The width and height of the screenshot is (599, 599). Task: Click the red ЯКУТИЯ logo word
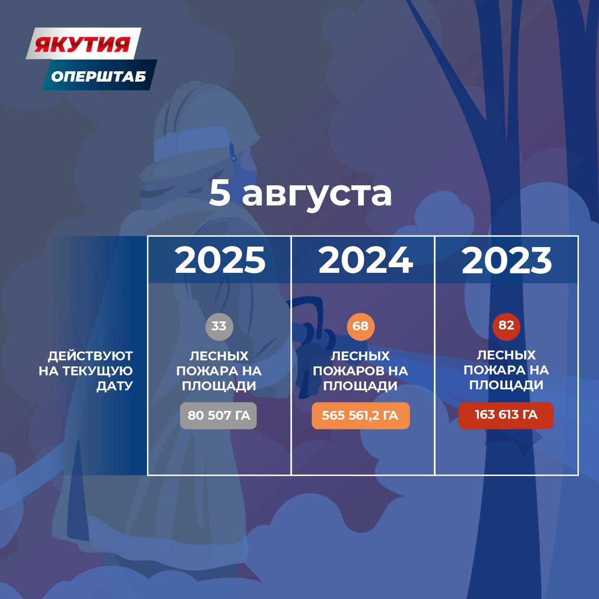click(x=82, y=44)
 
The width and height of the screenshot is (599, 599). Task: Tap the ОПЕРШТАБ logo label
click(x=99, y=76)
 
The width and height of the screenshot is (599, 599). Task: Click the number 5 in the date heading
click(x=219, y=193)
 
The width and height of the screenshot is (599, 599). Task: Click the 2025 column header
click(x=220, y=260)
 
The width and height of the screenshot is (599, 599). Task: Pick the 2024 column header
click(x=365, y=260)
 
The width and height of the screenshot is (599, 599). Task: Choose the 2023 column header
click(x=507, y=260)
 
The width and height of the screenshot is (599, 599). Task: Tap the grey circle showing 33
click(x=219, y=326)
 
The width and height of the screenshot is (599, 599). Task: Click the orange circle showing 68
click(x=361, y=326)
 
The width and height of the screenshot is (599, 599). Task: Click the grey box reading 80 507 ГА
click(x=219, y=416)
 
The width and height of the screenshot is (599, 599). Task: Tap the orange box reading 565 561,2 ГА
click(x=361, y=416)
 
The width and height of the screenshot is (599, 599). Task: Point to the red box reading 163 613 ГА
click(x=506, y=415)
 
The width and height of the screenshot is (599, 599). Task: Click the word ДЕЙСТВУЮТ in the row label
click(x=90, y=356)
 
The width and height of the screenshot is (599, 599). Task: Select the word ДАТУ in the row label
click(x=114, y=386)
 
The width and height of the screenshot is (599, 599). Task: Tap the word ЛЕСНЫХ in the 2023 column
click(x=506, y=355)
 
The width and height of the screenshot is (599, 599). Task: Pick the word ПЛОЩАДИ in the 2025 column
click(x=219, y=386)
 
